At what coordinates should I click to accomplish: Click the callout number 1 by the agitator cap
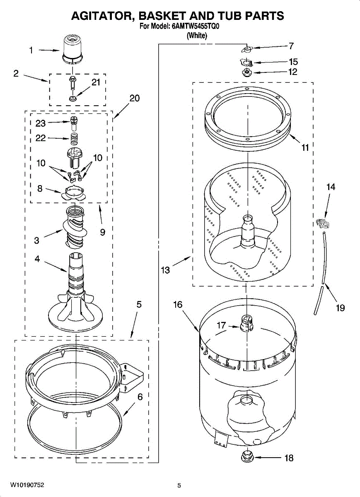point(31,50)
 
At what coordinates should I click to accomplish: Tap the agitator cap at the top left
point(72,49)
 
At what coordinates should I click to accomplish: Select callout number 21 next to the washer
point(96,82)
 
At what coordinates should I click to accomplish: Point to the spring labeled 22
point(72,139)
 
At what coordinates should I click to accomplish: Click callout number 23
point(40,123)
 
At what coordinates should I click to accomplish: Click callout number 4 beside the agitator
point(37,259)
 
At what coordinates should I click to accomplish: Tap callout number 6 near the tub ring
point(140,397)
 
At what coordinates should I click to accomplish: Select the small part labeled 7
point(246,50)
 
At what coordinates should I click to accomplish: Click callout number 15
point(293,62)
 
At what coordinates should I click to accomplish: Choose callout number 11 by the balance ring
point(305,147)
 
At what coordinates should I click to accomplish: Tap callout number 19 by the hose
point(340,308)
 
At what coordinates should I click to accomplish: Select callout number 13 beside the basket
point(165,270)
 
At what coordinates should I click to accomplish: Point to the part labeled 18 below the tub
point(247,457)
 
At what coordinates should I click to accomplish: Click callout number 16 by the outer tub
point(177,305)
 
